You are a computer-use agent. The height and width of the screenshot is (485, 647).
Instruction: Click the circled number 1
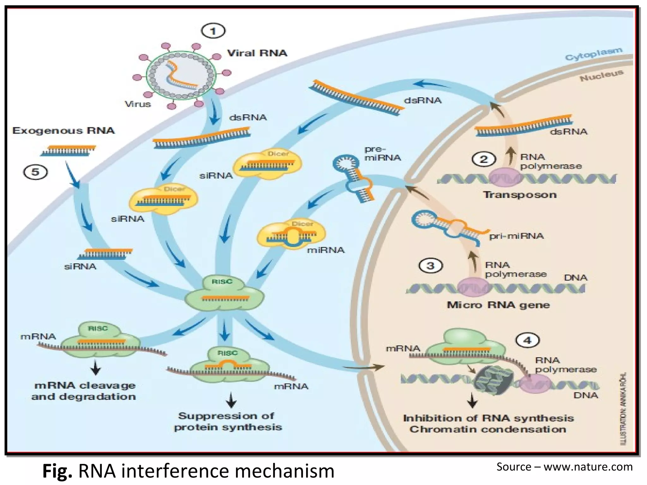click(213, 31)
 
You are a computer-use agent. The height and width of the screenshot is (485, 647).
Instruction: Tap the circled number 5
click(35, 172)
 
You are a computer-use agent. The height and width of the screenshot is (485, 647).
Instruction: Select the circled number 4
click(527, 340)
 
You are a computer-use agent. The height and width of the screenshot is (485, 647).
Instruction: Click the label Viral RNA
click(257, 53)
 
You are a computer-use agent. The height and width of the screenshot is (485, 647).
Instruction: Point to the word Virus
click(138, 104)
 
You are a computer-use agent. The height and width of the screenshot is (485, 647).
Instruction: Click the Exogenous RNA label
click(63, 130)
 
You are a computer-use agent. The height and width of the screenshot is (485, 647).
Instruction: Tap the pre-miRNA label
click(382, 153)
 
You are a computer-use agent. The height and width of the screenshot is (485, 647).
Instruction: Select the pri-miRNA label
click(516, 236)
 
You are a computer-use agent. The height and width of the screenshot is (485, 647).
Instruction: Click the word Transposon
click(520, 195)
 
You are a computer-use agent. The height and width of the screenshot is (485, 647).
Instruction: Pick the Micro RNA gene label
click(498, 305)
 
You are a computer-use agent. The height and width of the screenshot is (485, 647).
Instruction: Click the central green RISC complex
click(224, 294)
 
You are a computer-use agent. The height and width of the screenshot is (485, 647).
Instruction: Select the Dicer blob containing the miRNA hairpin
click(291, 235)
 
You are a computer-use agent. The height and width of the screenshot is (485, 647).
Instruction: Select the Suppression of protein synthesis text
click(227, 421)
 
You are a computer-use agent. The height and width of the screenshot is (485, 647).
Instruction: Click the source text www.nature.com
click(588, 467)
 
